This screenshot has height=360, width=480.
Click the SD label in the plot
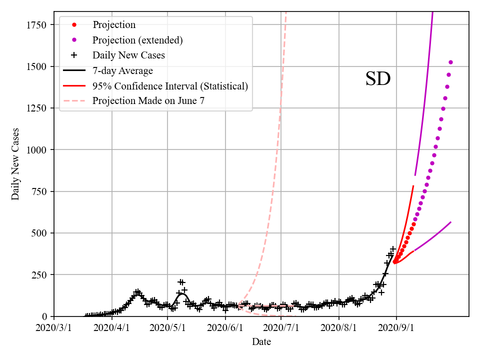(377, 79)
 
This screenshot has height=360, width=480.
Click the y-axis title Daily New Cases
(16, 164)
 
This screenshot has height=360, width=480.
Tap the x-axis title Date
(261, 342)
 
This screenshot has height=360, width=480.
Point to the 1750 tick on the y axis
(38, 25)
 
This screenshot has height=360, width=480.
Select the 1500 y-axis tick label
(38, 66)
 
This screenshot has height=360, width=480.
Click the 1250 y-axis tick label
(38, 108)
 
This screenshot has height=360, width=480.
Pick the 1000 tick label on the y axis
(38, 150)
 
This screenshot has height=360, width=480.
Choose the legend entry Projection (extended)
(137, 40)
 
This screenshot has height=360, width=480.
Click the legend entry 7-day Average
(122, 70)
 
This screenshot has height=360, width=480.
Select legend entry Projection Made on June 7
(148, 101)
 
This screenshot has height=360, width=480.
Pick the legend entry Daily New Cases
(128, 55)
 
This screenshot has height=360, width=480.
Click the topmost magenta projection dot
(450, 62)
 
